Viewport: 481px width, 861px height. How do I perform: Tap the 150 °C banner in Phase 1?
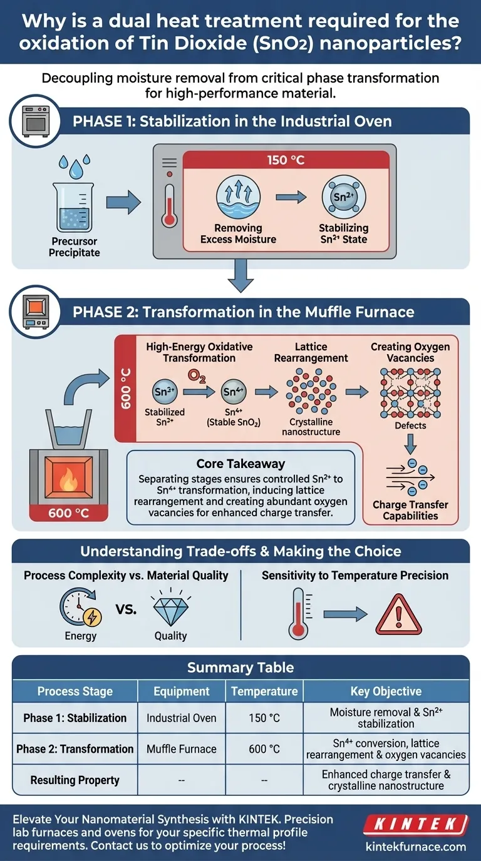click(286, 160)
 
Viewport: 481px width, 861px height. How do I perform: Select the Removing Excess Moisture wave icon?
click(237, 198)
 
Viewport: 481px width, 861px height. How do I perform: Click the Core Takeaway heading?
click(240, 464)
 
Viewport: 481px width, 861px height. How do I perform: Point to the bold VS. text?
click(126, 608)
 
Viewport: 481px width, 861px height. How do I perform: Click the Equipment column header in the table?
click(182, 691)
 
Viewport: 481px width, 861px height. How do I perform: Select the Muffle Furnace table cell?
click(182, 749)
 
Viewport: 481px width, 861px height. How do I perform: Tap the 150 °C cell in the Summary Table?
click(264, 718)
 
